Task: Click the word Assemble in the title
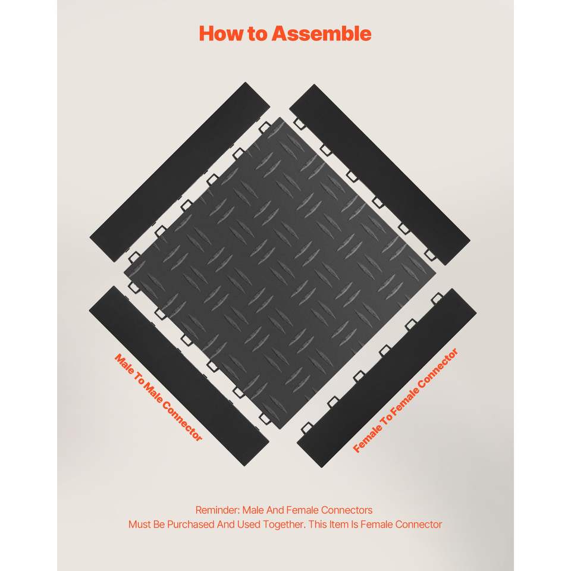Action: [x=322, y=33]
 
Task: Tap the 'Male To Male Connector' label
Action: [x=158, y=397]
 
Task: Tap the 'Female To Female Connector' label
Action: [x=405, y=400]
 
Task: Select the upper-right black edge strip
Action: [x=379, y=174]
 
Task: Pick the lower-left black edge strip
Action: [x=179, y=376]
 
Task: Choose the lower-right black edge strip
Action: [x=387, y=378]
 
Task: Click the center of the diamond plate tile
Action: [x=280, y=273]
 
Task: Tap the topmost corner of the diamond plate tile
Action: [x=280, y=117]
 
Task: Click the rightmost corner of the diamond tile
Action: [x=436, y=273]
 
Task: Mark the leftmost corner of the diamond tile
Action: [x=124, y=272]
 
